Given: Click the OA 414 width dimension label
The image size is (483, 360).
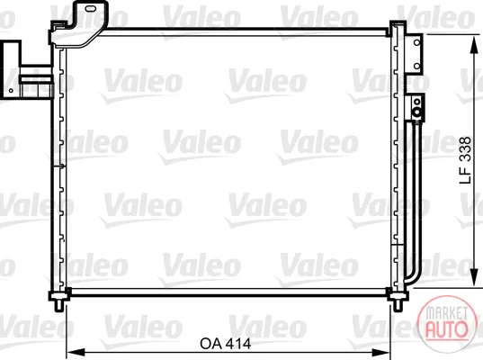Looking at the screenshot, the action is click(226, 344).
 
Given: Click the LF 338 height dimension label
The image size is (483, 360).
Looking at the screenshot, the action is click(465, 160).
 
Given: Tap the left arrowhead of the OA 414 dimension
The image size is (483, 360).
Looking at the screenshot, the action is click(76, 352).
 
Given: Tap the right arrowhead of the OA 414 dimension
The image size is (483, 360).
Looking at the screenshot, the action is click(381, 352).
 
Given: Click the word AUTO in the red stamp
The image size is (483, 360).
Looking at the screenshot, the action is click(446, 329).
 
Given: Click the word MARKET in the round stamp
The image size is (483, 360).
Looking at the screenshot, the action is click(446, 313).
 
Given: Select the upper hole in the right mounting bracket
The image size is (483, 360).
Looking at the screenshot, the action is click(416, 42).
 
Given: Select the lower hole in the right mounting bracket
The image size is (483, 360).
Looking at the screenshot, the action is click(416, 66).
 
